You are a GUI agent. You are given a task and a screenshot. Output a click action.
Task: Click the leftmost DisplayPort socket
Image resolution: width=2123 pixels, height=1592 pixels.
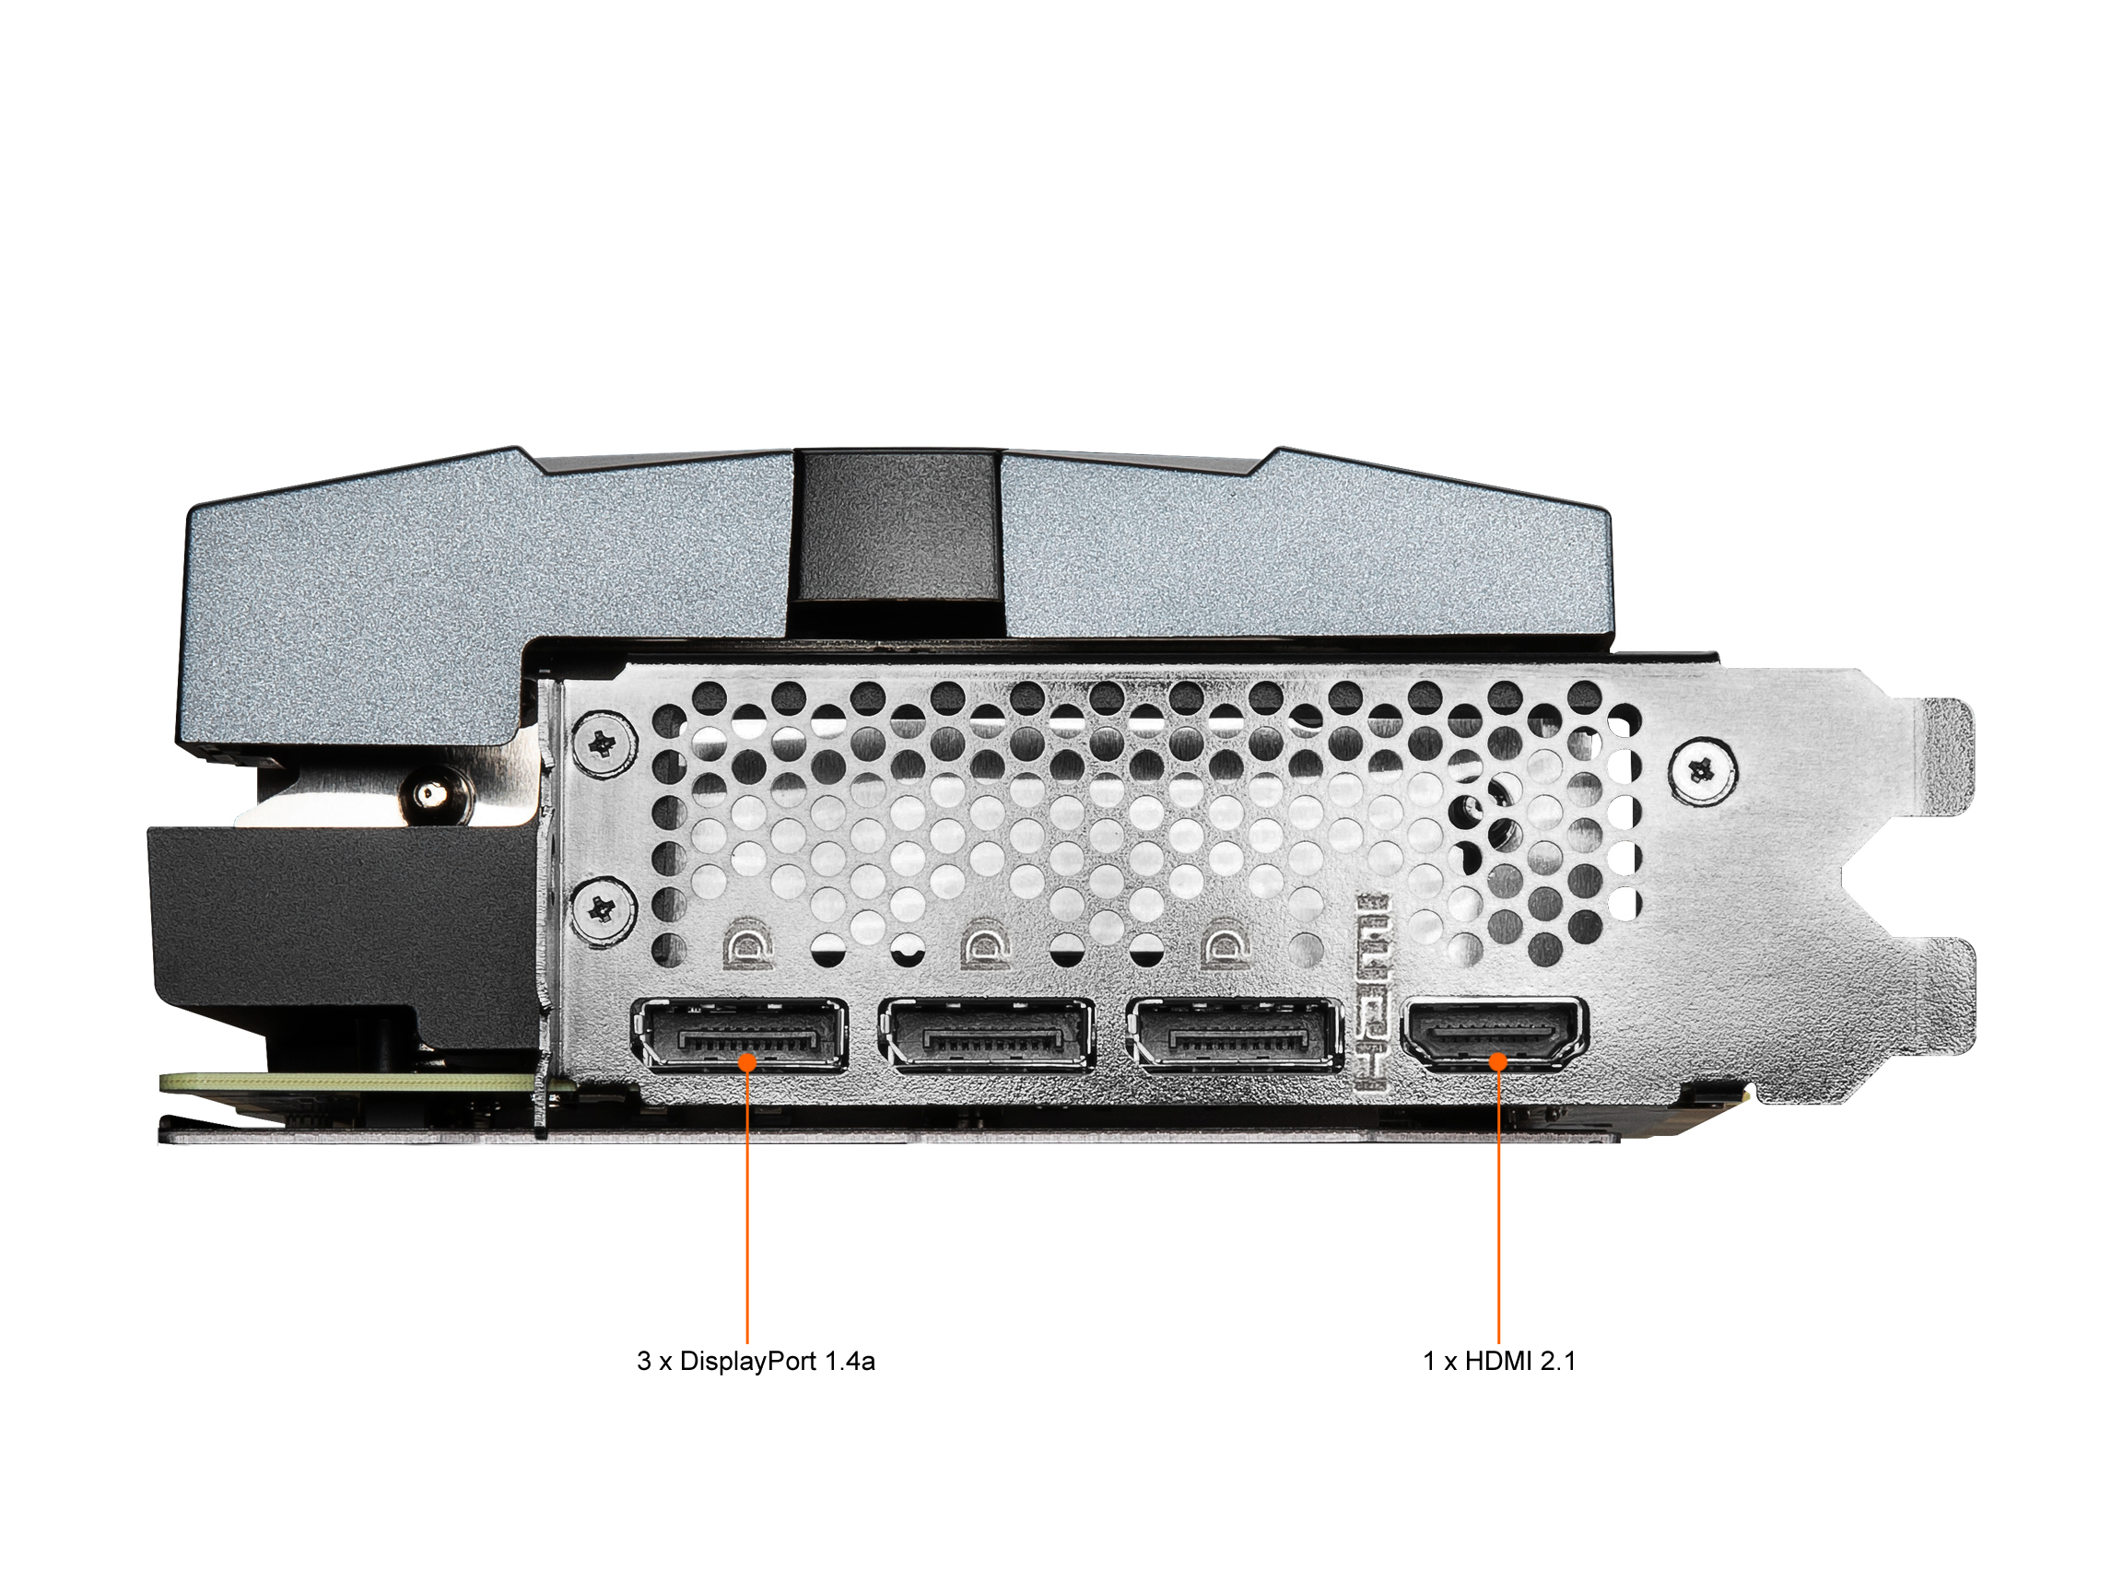click(x=739, y=1036)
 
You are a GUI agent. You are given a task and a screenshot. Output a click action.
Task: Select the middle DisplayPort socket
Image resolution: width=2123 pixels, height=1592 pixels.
click(x=986, y=1036)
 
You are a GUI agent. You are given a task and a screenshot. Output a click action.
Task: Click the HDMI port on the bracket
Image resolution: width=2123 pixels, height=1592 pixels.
click(x=1495, y=1035)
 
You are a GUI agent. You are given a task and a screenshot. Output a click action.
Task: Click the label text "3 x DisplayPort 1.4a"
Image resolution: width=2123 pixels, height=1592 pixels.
click(x=756, y=1362)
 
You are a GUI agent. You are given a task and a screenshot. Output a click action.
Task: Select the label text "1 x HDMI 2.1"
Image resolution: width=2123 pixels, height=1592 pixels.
click(x=1499, y=1362)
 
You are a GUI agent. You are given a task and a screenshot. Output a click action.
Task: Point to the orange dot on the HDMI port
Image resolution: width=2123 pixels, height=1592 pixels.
click(x=1497, y=1061)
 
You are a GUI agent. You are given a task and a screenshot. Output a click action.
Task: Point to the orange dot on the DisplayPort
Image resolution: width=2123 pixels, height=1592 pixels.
click(x=746, y=1061)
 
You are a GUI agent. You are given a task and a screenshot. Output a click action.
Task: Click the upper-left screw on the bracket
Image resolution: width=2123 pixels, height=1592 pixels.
click(x=604, y=743)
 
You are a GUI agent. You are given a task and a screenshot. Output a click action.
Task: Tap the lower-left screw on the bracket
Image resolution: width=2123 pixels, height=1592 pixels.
click(x=604, y=907)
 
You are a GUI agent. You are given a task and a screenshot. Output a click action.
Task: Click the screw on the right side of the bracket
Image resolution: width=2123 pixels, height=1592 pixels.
click(x=1703, y=767)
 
